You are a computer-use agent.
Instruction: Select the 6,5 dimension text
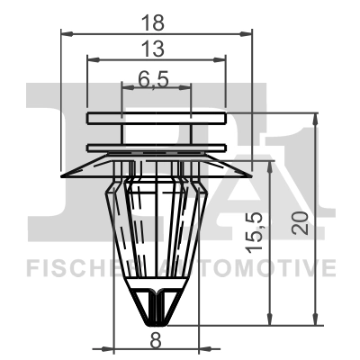pos(156,78)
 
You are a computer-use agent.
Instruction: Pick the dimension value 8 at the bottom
pos(156,340)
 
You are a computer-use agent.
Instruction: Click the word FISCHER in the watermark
pos(68,267)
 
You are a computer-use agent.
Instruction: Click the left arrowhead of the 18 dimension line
pos(65,33)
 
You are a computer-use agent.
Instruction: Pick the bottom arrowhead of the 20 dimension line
pos(314,321)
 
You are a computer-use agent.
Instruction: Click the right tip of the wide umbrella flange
pos(256,176)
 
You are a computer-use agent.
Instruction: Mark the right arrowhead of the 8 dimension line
pos(197,348)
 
